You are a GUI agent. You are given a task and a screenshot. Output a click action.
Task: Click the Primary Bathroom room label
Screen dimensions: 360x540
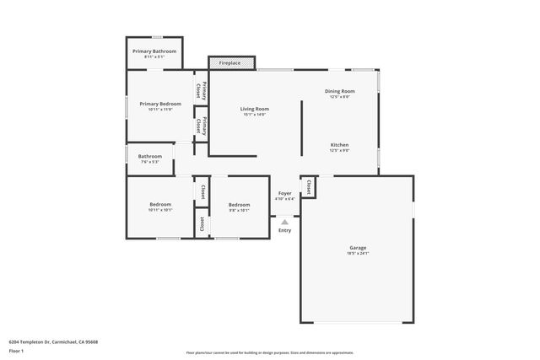pyautogui.click(x=154, y=51)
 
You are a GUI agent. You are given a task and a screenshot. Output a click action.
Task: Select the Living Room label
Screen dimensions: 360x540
pyautogui.click(x=254, y=109)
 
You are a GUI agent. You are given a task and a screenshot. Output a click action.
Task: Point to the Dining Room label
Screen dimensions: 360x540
pyautogui.click(x=339, y=91)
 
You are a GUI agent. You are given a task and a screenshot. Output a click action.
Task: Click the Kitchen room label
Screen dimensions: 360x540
pyautogui.click(x=339, y=145)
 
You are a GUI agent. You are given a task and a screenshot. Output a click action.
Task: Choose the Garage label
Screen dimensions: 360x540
pyautogui.click(x=358, y=248)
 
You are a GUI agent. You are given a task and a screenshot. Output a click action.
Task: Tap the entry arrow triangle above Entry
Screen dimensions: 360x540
pyautogui.click(x=284, y=222)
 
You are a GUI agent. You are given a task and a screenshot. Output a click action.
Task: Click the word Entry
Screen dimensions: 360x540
pyautogui.click(x=284, y=230)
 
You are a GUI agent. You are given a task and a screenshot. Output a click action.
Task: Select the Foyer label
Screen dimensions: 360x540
pyautogui.click(x=285, y=193)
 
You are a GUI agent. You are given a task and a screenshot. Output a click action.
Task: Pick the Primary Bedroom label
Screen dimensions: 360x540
pyautogui.click(x=159, y=104)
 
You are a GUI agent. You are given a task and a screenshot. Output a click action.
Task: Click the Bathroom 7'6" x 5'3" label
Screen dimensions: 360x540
pyautogui.click(x=150, y=156)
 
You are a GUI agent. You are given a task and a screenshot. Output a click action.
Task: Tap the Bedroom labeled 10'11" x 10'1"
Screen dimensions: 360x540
pyautogui.click(x=160, y=205)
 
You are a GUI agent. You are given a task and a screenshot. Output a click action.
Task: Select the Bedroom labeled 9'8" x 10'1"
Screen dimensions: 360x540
pyautogui.click(x=239, y=205)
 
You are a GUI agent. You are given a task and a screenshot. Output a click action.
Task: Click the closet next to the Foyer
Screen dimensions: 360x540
pyautogui.click(x=309, y=187)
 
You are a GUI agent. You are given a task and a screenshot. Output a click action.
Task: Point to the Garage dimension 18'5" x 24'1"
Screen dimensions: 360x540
pyautogui.click(x=358, y=254)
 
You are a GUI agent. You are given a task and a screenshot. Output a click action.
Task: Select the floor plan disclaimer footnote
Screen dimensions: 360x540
pyautogui.click(x=269, y=352)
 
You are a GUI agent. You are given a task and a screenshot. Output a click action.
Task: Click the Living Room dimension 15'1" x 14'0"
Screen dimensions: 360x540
pyautogui.click(x=254, y=115)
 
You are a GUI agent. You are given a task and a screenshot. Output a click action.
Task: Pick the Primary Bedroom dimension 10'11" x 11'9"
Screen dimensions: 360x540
pyautogui.click(x=159, y=110)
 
